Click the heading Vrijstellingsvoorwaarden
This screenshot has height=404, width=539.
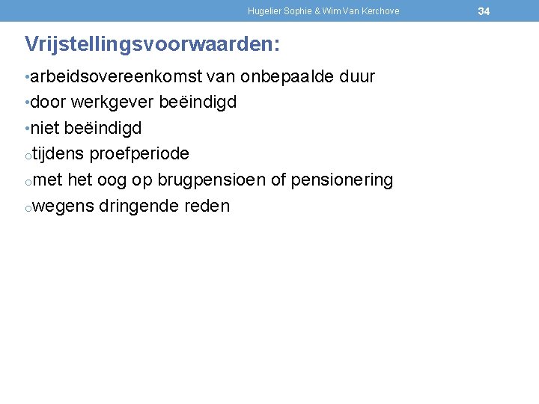coord(152,44)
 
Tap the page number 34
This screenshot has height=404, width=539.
coord(484,11)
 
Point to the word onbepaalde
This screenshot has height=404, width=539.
coord(287,77)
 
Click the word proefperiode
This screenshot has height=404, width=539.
coord(139,154)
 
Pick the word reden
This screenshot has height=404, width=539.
coord(207,206)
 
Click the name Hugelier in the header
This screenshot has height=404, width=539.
coord(264,11)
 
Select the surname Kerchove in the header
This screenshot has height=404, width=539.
coord(380,11)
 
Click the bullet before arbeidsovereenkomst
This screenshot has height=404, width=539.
coord(27,78)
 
